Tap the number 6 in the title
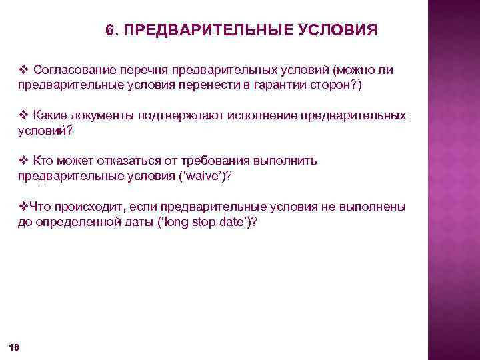(x=110, y=31)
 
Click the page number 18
(x=14, y=347)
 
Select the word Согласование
(x=68, y=69)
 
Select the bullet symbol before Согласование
(x=23, y=69)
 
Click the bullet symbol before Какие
(x=23, y=115)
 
